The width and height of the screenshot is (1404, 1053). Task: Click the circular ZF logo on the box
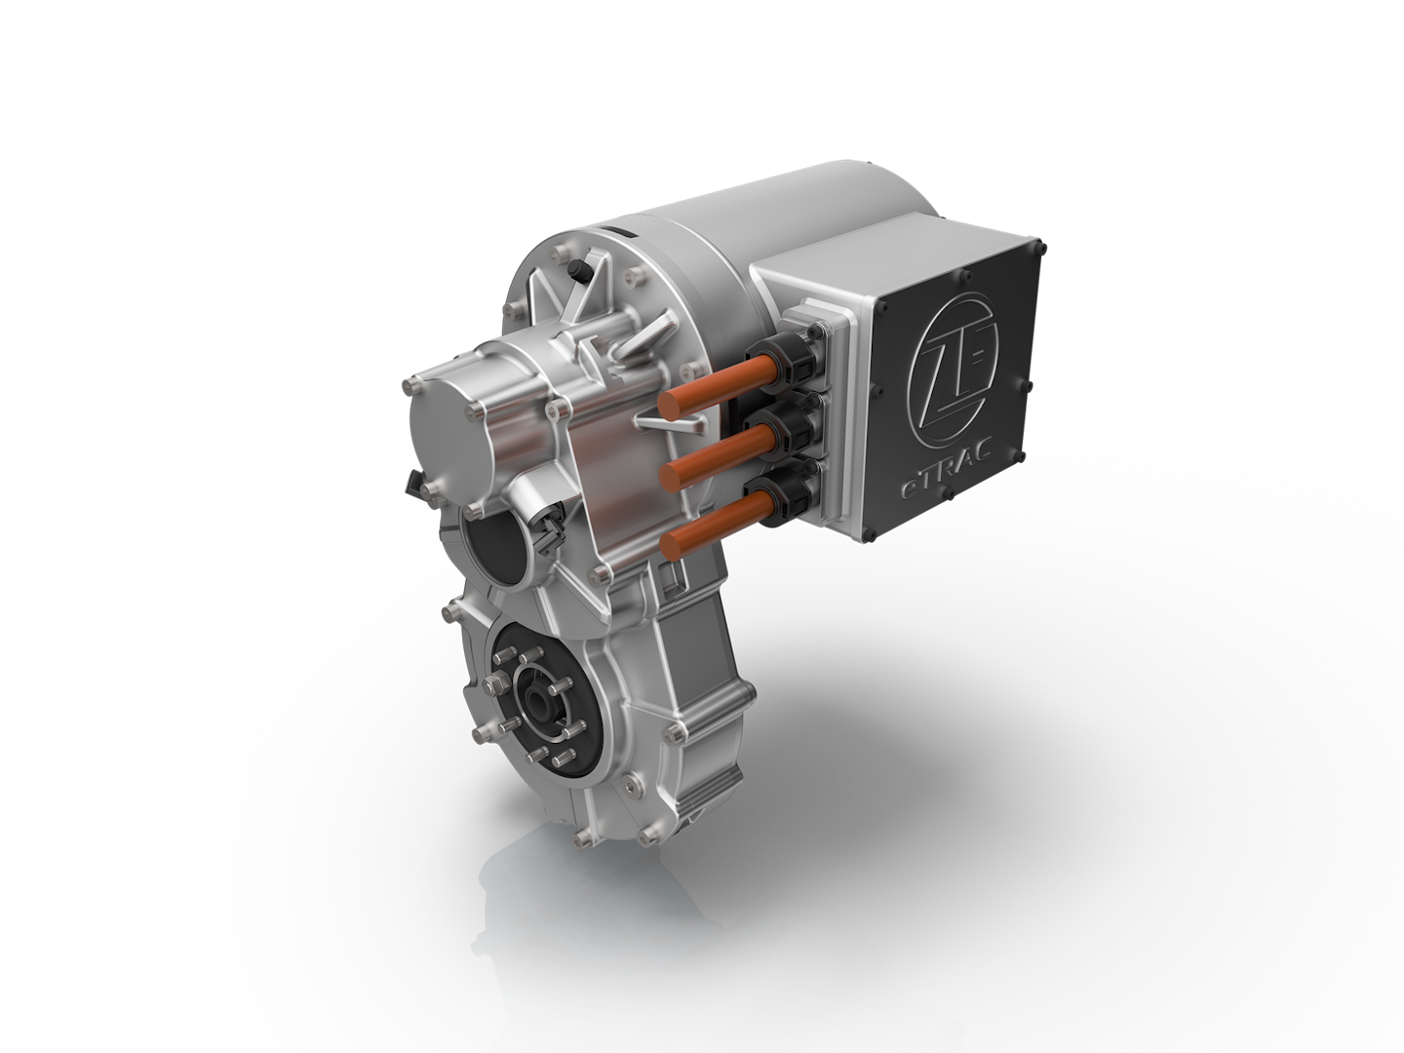coord(951,360)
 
